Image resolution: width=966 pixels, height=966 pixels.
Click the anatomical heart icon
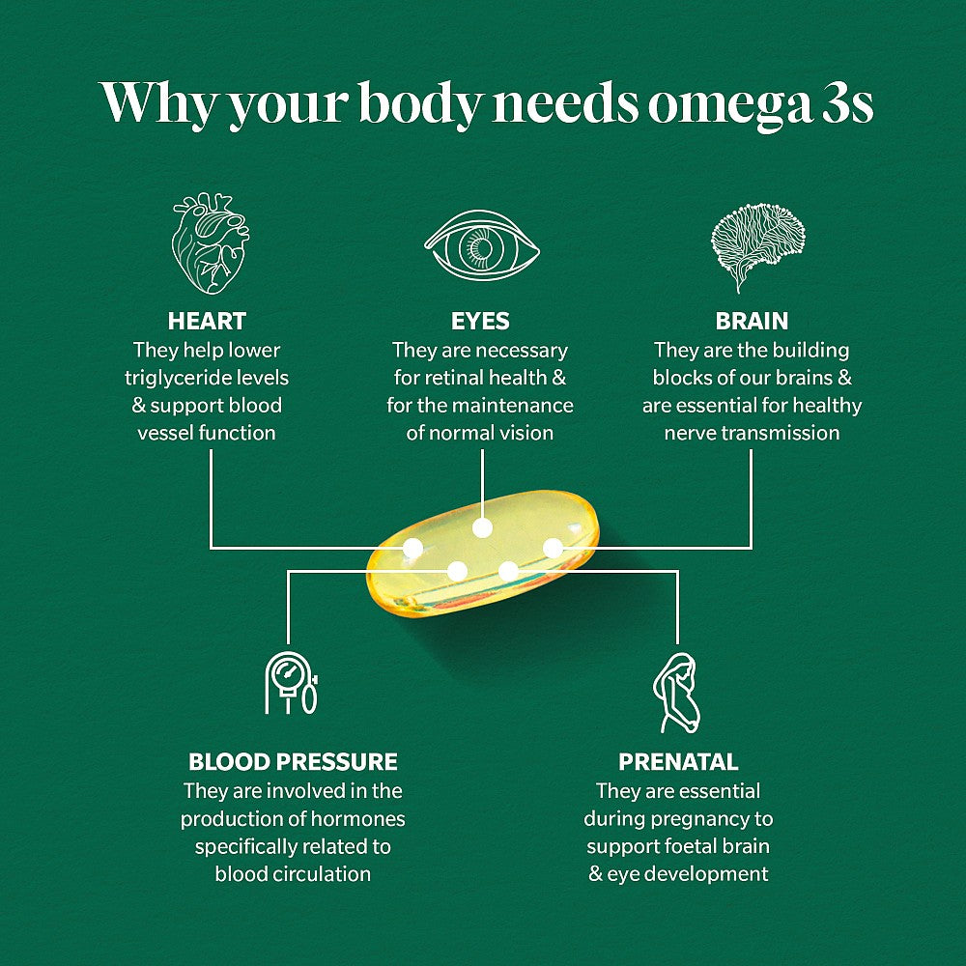coord(210,242)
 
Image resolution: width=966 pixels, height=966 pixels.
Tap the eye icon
coord(482,245)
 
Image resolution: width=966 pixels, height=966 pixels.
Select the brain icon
coord(757,246)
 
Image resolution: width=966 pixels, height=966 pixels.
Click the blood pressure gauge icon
coord(292,683)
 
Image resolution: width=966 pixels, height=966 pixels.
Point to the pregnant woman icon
coord(676,693)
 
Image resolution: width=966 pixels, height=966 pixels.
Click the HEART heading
coord(207,321)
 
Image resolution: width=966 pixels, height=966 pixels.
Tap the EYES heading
coord(480,321)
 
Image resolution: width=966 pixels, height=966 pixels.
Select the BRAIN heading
coord(752,321)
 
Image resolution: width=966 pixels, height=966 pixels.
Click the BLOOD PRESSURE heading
coord(294,761)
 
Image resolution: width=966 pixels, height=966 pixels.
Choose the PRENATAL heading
coord(678,761)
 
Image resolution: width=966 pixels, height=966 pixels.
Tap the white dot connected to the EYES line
coord(482,527)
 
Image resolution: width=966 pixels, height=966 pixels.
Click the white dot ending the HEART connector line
coord(412,548)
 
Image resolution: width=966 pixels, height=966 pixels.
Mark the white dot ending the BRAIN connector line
coord(553,547)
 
